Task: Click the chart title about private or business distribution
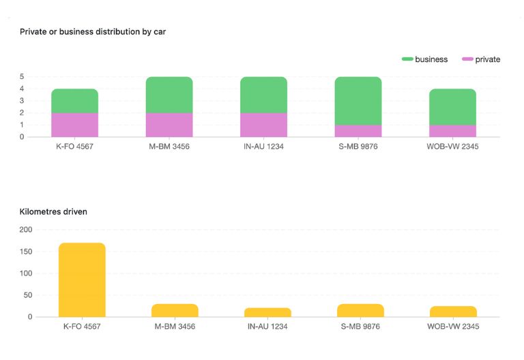click(93, 31)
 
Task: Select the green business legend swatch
click(407, 59)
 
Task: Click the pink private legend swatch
click(467, 59)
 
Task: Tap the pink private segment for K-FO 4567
click(74, 125)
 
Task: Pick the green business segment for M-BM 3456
click(169, 95)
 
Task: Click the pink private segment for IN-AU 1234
click(263, 125)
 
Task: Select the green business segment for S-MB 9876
click(358, 101)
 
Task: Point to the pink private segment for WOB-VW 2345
click(452, 131)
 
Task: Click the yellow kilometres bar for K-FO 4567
click(82, 280)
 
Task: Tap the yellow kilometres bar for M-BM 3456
click(175, 311)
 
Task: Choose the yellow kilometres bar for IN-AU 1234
click(267, 312)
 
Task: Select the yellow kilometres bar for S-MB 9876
click(360, 311)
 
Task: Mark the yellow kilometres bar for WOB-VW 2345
click(453, 312)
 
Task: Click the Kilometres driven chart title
click(53, 211)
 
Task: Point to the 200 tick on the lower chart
click(26, 230)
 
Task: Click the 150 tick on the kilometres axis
click(26, 252)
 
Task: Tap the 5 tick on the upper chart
click(22, 76)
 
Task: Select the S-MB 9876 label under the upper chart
click(358, 147)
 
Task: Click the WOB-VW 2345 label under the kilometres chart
click(453, 327)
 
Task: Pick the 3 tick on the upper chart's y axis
click(22, 101)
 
